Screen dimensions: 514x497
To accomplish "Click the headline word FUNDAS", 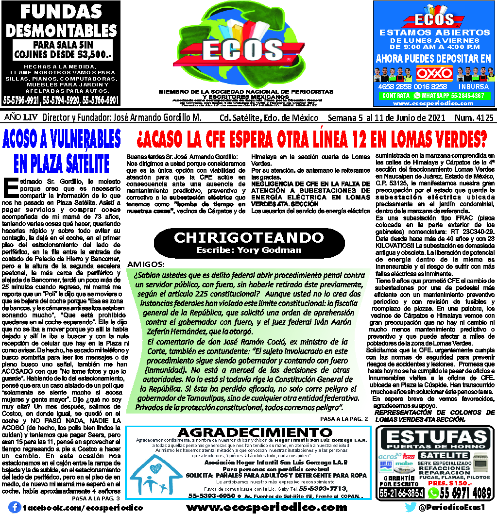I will (x=61, y=12).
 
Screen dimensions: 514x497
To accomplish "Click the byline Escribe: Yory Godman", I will (x=248, y=250).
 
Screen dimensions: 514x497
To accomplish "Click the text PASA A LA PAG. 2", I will (x=344, y=418).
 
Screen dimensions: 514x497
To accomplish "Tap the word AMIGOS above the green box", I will (x=145, y=265).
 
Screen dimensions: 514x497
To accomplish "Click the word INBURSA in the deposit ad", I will (x=474, y=86).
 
